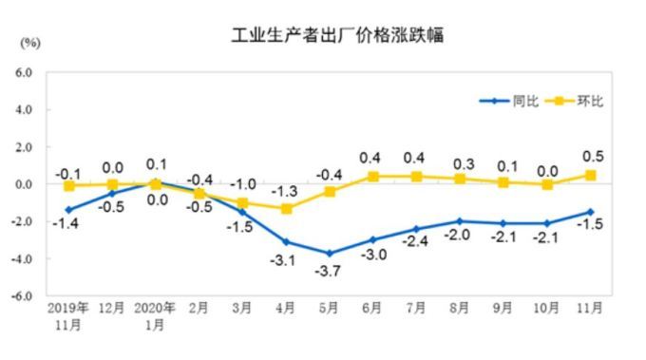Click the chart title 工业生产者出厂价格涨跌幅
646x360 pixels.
338,36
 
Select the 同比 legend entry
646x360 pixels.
524,101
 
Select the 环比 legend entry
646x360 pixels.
589,101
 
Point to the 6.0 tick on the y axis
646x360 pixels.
24,72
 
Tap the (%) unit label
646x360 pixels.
30,43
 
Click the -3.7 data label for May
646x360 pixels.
330,272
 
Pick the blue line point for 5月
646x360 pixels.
330,254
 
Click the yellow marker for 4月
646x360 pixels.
286,208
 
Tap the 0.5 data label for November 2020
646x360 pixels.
593,157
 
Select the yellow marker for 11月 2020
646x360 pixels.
590,175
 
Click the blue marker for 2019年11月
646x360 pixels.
68,210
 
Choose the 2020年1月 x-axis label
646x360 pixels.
156,315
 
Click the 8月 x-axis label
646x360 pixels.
460,309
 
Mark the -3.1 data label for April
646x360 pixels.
285,259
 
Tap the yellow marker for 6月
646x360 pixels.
373,177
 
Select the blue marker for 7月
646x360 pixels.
416,229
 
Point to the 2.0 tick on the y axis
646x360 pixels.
24,147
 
